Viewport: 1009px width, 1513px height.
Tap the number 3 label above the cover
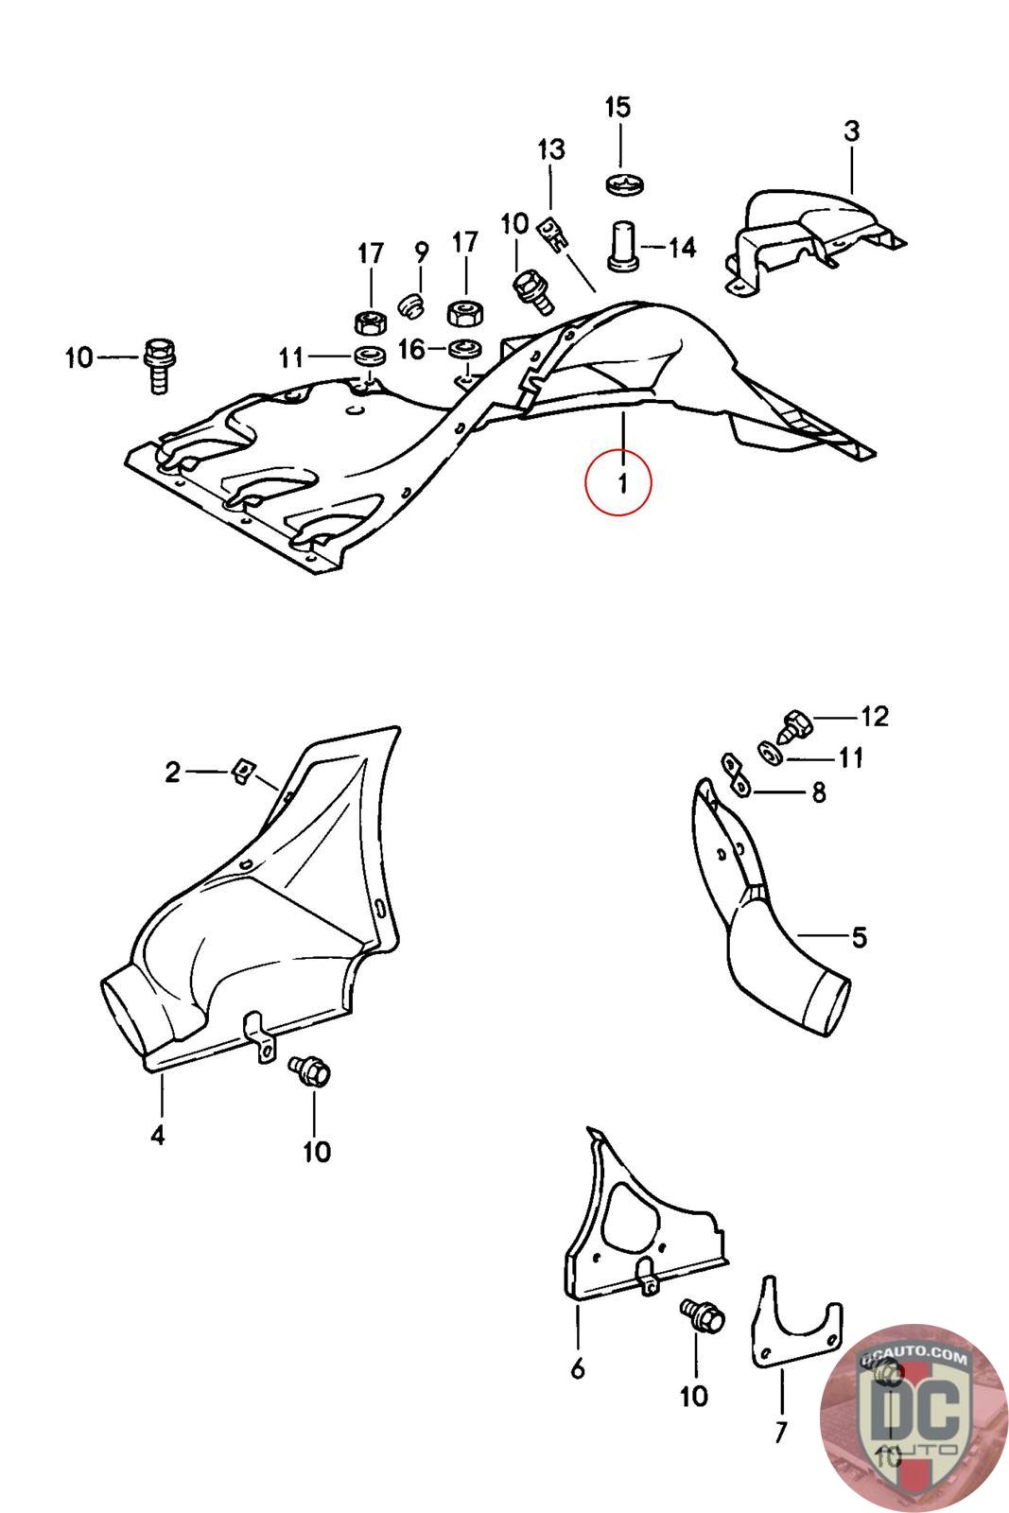click(x=851, y=131)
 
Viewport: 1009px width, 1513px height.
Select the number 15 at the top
click(x=617, y=107)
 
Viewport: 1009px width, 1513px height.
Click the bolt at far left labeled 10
click(x=156, y=364)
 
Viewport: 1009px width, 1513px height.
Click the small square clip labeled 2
click(x=241, y=773)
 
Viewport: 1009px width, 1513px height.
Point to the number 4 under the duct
click(x=158, y=1134)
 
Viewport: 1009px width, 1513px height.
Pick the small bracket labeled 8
click(x=734, y=774)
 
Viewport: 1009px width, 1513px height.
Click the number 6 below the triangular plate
click(x=578, y=1367)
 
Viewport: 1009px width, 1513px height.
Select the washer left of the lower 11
click(x=771, y=754)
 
